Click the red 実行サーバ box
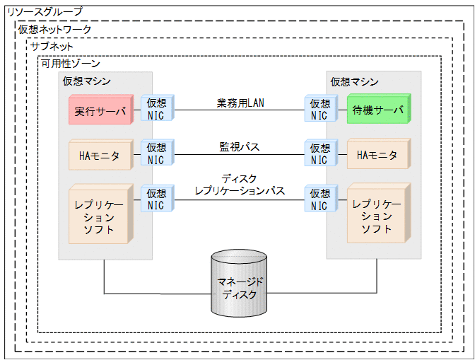tap(99, 111)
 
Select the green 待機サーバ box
tap(377, 111)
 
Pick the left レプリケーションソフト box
tap(99, 213)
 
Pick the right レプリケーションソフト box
tap(377, 213)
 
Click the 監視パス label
tap(240, 147)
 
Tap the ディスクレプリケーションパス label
tap(240, 185)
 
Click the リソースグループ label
tap(44, 12)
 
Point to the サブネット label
tap(52, 46)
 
